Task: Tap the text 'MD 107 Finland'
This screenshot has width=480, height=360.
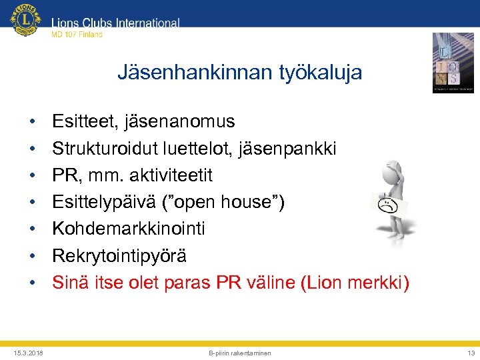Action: click(x=77, y=35)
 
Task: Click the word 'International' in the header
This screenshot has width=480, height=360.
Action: click(x=147, y=23)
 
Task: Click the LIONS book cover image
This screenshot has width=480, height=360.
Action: click(x=453, y=62)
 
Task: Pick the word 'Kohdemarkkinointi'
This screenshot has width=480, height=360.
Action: click(x=129, y=229)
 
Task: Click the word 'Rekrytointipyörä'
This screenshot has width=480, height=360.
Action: click(x=119, y=256)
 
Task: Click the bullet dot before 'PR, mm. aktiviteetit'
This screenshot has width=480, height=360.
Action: click(x=32, y=175)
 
